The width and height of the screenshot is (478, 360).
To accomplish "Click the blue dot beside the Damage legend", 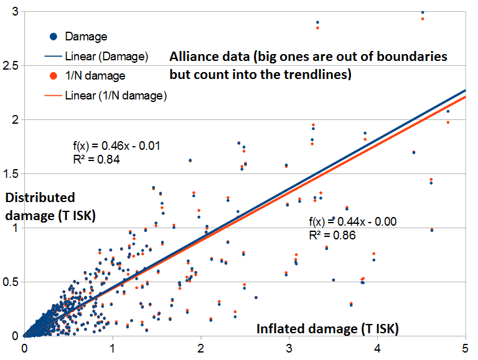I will point(54,37).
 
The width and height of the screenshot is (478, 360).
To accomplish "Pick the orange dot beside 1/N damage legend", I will point(54,76).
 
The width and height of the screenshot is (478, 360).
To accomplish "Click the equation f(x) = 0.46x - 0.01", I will point(117,147).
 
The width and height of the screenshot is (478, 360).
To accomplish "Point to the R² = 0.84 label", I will point(96,159).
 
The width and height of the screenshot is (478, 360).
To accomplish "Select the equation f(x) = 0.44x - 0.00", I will point(352,222).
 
